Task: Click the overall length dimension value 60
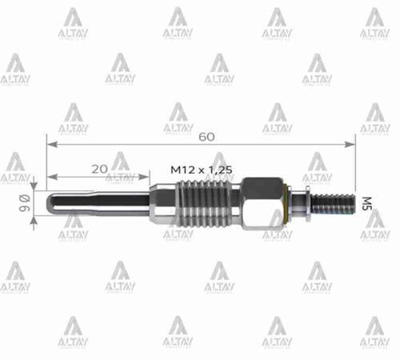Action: (206, 136)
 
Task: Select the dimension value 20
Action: (99, 168)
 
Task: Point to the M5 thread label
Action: (367, 201)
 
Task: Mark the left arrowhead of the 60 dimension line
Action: (50, 145)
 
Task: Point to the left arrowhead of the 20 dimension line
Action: (50, 177)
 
